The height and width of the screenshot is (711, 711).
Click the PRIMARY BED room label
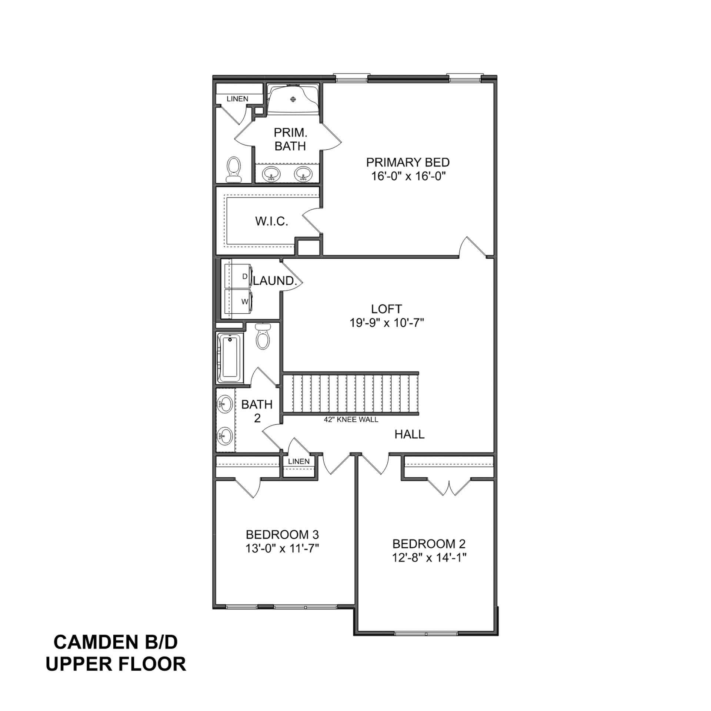tap(408, 162)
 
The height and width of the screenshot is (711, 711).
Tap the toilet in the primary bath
tap(234, 170)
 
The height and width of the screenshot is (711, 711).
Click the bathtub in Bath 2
tap(230, 358)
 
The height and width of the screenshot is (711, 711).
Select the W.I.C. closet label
tap(271, 221)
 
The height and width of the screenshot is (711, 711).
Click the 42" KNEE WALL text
tap(351, 420)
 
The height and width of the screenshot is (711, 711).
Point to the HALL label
tap(409, 434)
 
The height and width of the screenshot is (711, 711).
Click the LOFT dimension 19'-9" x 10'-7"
tap(386, 323)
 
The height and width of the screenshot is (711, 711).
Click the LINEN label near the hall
tap(298, 461)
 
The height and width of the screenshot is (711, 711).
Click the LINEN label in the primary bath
tap(237, 99)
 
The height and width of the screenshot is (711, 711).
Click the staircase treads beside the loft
tap(350, 393)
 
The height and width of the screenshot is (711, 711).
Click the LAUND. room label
tap(274, 281)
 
